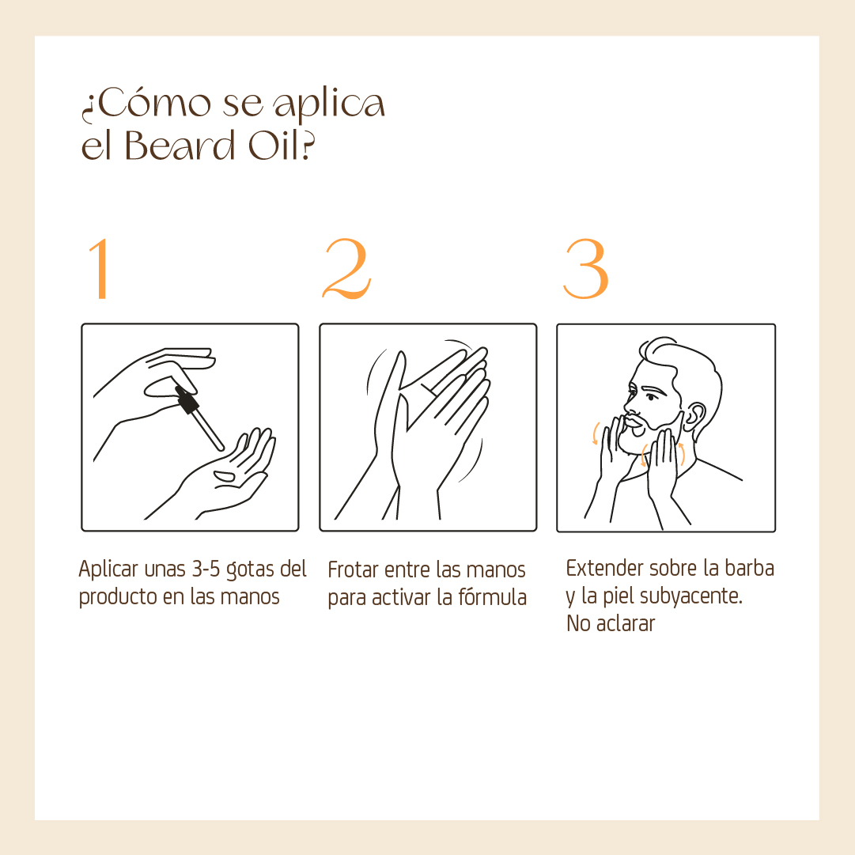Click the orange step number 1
click(100, 269)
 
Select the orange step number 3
click(585, 269)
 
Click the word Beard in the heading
click(180, 146)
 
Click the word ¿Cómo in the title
click(146, 104)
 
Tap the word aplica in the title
click(329, 105)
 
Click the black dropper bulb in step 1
click(186, 399)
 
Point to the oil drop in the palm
click(224, 476)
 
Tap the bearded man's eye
click(652, 396)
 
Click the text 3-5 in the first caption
click(206, 569)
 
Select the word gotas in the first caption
click(251, 569)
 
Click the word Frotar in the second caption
click(354, 569)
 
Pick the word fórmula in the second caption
click(493, 597)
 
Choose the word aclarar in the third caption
click(626, 623)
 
